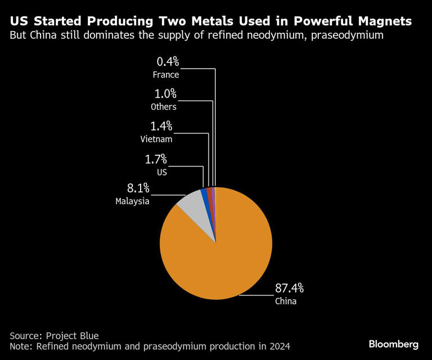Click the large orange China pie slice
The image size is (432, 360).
click(x=219, y=253)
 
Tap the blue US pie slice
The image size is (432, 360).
click(x=204, y=194)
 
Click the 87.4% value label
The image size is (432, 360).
click(x=289, y=289)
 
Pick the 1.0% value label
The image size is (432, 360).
click(x=166, y=94)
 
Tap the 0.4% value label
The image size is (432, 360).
click(x=167, y=61)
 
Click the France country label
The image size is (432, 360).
click(x=165, y=74)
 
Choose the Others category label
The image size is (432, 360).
click(x=164, y=107)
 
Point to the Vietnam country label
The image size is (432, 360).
click(x=157, y=139)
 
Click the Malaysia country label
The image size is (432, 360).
click(x=133, y=201)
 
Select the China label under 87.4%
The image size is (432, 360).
click(x=285, y=301)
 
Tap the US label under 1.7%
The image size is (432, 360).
click(x=162, y=173)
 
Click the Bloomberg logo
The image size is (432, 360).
click(x=394, y=344)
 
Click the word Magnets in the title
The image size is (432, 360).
click(x=380, y=21)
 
